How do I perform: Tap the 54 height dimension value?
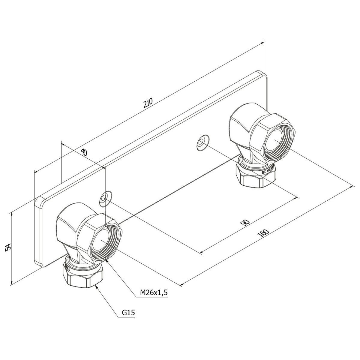(x=8, y=247)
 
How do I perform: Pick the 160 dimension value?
(x=264, y=233)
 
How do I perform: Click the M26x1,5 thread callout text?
(x=154, y=292)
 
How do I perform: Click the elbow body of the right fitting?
(x=240, y=126)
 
